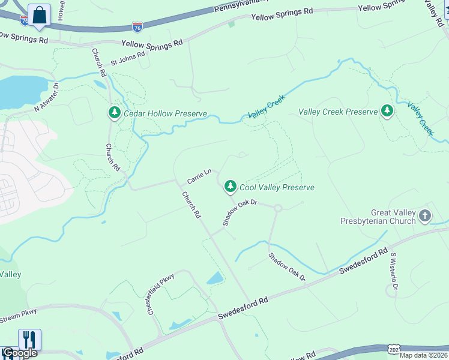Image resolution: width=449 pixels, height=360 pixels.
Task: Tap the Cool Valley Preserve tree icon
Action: coord(230,187)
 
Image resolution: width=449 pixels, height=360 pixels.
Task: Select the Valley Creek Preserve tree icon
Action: coord(387,111)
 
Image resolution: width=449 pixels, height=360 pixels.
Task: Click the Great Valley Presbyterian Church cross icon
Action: coord(425,215)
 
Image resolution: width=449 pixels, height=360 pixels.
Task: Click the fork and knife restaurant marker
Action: coord(29,340)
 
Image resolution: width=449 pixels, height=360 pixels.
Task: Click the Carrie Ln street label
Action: coord(199,176)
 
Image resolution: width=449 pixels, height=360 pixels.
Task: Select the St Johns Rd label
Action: coord(128,58)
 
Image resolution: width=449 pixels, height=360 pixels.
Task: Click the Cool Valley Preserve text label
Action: coord(277,187)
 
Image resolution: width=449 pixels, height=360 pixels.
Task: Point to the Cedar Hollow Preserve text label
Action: coord(165,113)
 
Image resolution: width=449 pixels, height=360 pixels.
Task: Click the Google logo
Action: coord(19,353)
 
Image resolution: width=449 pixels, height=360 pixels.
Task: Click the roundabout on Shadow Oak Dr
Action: coord(277,209)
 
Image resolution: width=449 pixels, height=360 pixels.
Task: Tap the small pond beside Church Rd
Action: coord(214,278)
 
